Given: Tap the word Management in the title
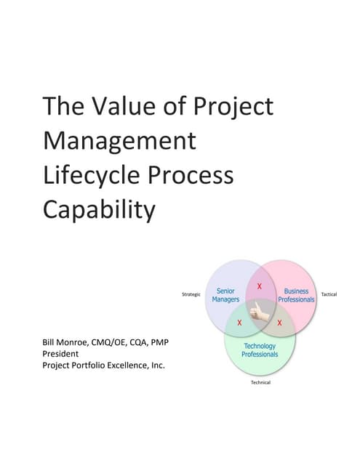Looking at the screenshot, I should point(119,140).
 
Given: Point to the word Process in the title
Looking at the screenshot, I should point(196,175).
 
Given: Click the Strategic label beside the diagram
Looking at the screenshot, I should point(191,294).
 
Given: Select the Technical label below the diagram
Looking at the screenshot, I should point(260,383).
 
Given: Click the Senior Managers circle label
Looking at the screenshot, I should point(225,295).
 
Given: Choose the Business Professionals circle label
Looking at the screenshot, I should point(296,295).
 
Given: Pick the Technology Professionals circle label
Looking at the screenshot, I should point(260,349).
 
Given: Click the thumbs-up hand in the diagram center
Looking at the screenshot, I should point(260,313).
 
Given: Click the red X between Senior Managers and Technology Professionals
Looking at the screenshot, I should point(240,322).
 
